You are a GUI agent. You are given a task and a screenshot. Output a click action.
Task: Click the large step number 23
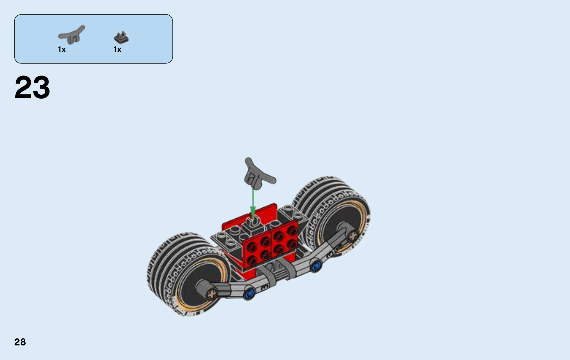32,87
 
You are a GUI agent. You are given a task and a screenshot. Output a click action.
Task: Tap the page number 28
20,342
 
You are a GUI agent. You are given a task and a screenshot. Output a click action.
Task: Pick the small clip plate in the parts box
121,38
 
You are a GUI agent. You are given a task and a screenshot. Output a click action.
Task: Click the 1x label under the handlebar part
62,49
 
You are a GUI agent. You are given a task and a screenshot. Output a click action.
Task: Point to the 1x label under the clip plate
117,49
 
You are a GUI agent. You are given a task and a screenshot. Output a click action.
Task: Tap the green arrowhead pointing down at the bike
253,212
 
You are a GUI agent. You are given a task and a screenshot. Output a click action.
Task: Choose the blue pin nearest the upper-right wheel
316,266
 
